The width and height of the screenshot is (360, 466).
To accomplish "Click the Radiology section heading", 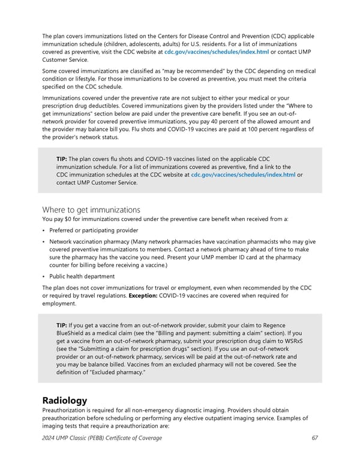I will [x=65, y=400].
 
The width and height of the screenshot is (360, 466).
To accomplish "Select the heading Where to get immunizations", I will [x=91, y=210].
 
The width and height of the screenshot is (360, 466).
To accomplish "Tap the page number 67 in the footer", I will [x=314, y=438].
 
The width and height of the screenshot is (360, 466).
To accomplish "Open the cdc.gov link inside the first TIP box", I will [x=242, y=175].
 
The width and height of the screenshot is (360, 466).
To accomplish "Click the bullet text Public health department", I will [x=82, y=276].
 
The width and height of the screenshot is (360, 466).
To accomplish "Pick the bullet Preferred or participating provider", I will [x=93, y=230].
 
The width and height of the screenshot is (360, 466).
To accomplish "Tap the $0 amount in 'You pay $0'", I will [x=67, y=219].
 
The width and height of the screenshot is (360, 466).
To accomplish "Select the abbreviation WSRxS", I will [x=294, y=340].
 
